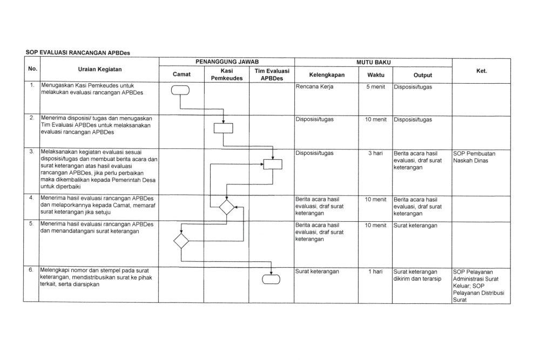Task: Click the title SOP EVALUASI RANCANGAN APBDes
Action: click(x=78, y=52)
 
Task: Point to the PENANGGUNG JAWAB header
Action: click(x=226, y=63)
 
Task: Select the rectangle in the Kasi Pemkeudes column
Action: click(x=223, y=128)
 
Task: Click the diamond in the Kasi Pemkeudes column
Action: click(x=226, y=206)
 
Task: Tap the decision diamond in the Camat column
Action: click(x=181, y=240)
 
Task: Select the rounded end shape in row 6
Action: click(x=271, y=279)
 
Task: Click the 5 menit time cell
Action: click(x=376, y=86)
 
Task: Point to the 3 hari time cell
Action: click(x=376, y=153)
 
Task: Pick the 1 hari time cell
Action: click(x=376, y=271)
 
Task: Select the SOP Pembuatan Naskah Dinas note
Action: click(x=474, y=157)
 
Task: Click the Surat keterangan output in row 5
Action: click(x=415, y=225)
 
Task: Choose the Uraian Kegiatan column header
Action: click(x=100, y=70)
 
